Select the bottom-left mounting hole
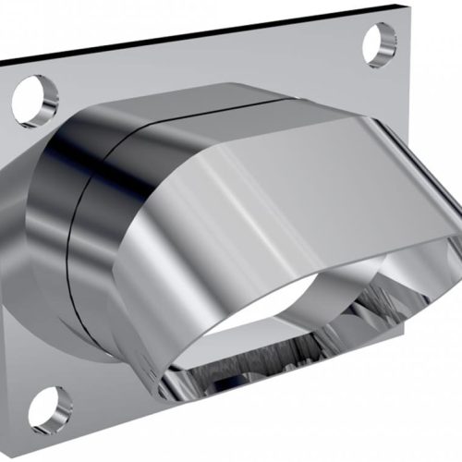(x=51, y=407)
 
